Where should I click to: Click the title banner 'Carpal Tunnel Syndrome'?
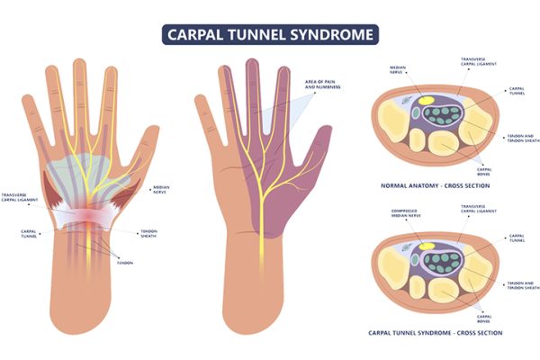(x=270, y=35)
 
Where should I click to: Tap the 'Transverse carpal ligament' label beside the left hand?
(x=19, y=197)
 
